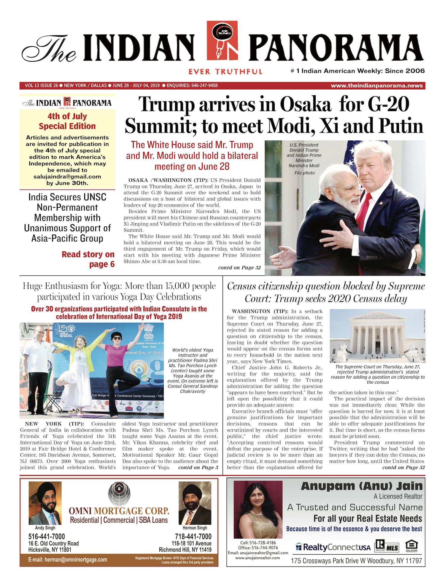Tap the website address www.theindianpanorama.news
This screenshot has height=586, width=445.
tap(376, 86)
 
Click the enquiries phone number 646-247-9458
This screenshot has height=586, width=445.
tap(204, 86)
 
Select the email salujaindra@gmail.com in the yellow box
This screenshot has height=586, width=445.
tap(67, 177)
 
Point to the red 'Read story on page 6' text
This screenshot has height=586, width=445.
tap(88, 259)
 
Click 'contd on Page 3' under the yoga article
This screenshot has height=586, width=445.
tap(198, 467)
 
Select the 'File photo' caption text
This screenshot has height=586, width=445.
tap(304, 173)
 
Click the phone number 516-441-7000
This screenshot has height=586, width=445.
tap(47, 537)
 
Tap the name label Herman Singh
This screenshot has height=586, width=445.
tap(195, 528)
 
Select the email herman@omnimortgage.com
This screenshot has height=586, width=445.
tap(68, 560)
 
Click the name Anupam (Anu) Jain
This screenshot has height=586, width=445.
tap(362, 486)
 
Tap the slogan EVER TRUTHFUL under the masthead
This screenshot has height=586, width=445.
tap(225, 72)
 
